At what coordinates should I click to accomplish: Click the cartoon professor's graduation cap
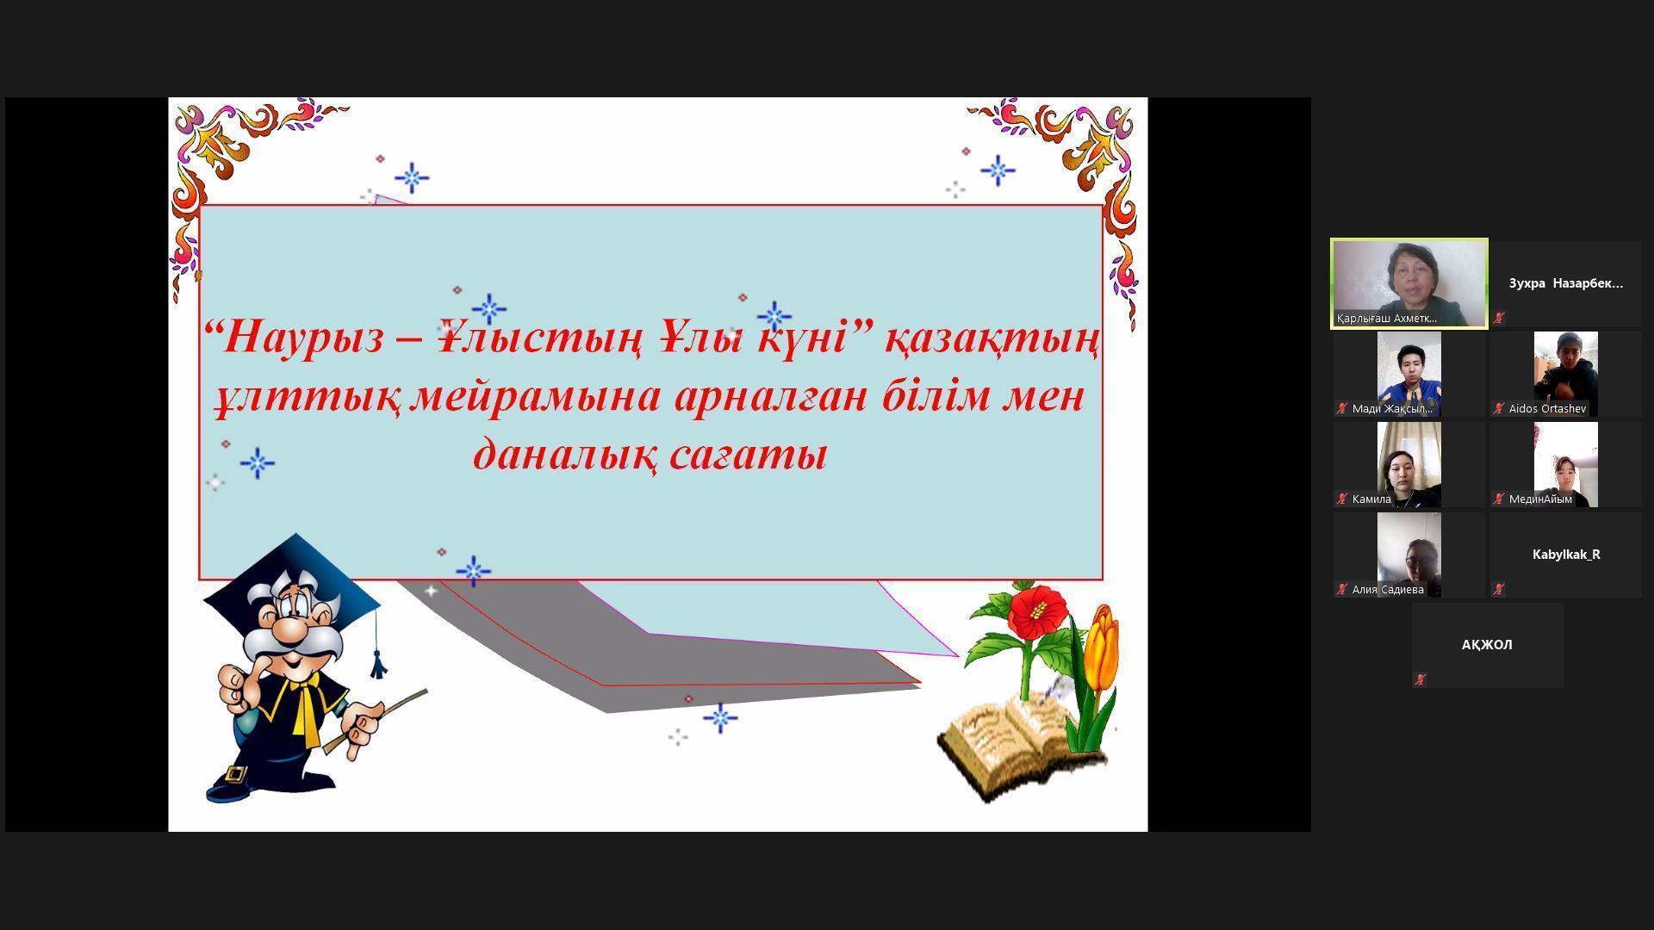click(x=293, y=586)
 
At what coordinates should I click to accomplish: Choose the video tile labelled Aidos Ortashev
click(x=1565, y=374)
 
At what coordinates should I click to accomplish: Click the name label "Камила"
click(x=1371, y=499)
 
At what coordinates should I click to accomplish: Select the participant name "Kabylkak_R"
click(x=1566, y=555)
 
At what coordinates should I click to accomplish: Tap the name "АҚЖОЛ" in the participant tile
click(x=1487, y=645)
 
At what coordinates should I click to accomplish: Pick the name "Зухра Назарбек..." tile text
click(x=1565, y=283)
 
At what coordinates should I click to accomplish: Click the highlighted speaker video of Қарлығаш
click(x=1409, y=283)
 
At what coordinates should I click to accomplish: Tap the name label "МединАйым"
click(x=1540, y=499)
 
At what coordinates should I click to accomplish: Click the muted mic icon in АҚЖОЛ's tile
click(x=1421, y=679)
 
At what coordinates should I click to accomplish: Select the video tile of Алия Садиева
click(x=1408, y=555)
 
